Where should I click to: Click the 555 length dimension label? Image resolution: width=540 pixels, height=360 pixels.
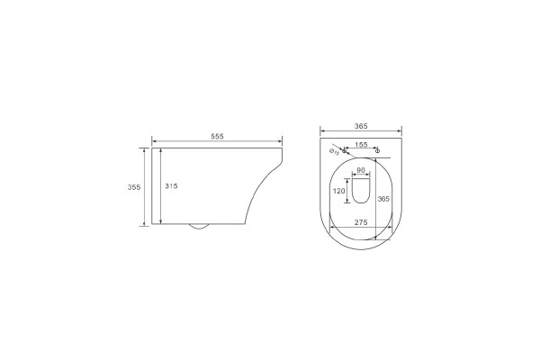coord(217,137)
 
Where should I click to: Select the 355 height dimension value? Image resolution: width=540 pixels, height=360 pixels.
coord(134,187)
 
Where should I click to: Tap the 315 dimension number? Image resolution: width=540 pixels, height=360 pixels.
coord(171,186)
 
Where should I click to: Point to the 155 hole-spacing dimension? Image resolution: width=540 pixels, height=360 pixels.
coord(361,145)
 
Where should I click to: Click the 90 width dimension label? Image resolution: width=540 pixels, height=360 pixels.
coord(361,170)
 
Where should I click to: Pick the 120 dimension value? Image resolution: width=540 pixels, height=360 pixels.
coord(339,191)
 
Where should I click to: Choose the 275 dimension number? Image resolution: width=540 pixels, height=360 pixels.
coord(361,222)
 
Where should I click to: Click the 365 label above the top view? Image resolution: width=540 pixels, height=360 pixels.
coord(361,126)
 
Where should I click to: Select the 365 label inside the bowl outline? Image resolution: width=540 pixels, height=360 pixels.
coord(383,199)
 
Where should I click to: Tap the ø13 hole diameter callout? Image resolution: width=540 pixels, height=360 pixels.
coord(334,151)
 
